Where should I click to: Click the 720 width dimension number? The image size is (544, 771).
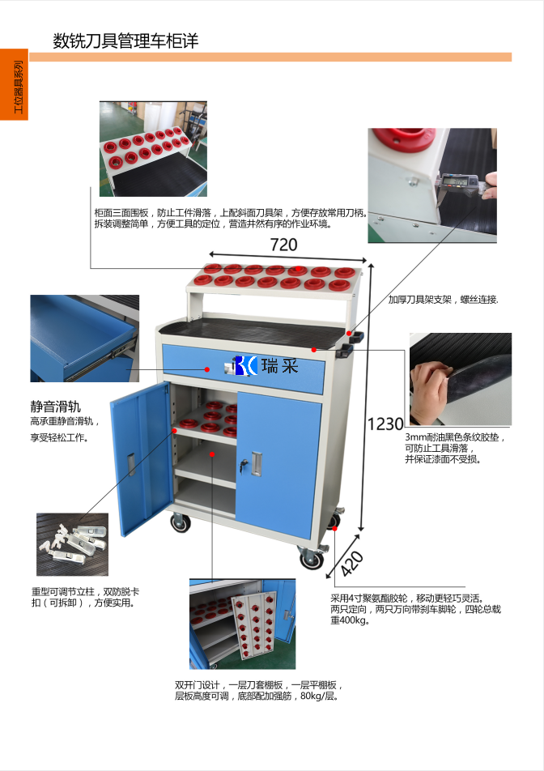click(283, 245)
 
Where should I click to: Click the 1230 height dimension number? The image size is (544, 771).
click(385, 424)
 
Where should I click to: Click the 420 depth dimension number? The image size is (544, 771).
click(352, 563)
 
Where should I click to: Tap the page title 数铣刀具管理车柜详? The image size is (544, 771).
click(125, 40)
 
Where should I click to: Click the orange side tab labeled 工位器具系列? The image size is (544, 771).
click(14, 84)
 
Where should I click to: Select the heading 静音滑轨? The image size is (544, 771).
click(55, 407)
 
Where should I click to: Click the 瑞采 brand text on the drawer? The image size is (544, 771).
click(279, 366)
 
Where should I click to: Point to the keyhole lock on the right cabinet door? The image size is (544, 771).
click(243, 464)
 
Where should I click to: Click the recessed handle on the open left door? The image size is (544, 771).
click(132, 464)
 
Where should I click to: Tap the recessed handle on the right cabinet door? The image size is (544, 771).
click(256, 464)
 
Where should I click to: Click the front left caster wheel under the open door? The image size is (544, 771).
click(181, 522)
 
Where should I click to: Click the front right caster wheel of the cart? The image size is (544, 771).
click(312, 557)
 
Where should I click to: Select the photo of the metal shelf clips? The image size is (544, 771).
click(72, 544)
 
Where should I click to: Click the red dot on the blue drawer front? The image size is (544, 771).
click(207, 369)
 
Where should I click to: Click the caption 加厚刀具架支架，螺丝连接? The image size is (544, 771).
click(444, 300)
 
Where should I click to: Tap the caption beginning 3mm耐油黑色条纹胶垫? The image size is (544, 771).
click(455, 448)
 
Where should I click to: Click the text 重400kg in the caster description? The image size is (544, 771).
click(350, 620)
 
